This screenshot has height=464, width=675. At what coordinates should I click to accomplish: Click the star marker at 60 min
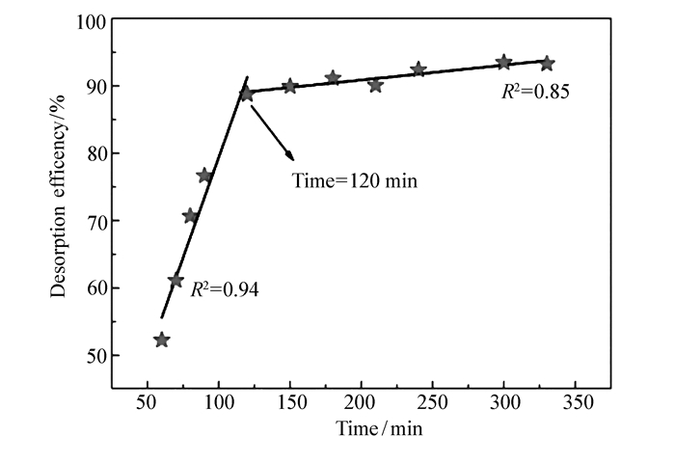pyautogui.click(x=162, y=340)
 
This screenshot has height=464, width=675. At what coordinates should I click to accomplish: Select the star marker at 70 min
pyautogui.click(x=175, y=281)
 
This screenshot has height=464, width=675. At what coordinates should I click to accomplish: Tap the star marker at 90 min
pyautogui.click(x=204, y=176)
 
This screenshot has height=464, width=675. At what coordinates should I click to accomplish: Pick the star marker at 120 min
pyautogui.click(x=247, y=94)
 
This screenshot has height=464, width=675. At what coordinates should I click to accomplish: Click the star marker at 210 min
pyautogui.click(x=375, y=85)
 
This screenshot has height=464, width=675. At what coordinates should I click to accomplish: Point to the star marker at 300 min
pyautogui.click(x=503, y=63)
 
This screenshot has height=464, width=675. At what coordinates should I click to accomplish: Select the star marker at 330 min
pyautogui.click(x=547, y=64)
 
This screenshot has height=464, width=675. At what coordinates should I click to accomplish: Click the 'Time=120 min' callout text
pyautogui.click(x=355, y=180)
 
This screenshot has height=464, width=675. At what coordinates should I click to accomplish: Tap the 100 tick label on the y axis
pyautogui.click(x=94, y=20)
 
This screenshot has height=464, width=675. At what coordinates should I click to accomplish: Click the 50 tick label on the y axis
pyautogui.click(x=97, y=356)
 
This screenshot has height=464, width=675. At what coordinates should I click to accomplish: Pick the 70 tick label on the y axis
pyautogui.click(x=97, y=221)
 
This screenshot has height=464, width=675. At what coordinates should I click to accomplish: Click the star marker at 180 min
pyautogui.click(x=333, y=78)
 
